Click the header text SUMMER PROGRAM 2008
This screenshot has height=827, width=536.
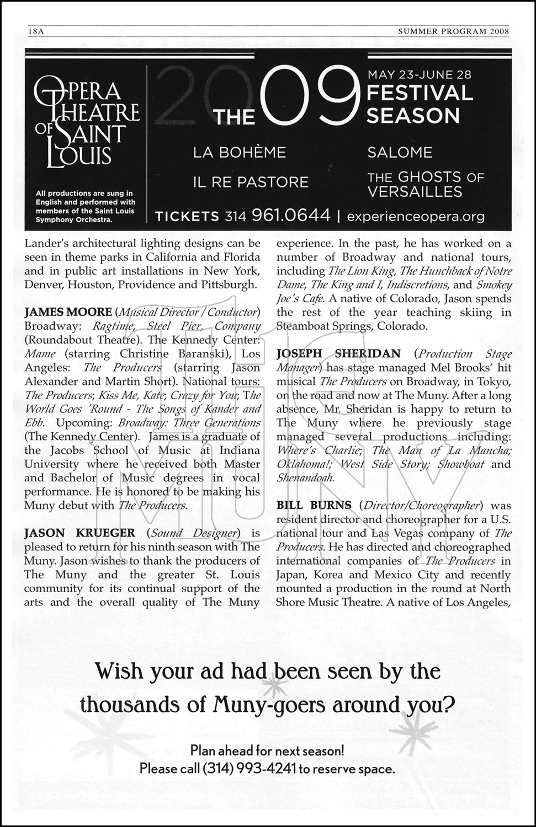click(x=454, y=31)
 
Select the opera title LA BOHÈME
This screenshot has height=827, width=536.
click(x=240, y=152)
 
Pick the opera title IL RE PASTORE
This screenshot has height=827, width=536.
click(x=251, y=182)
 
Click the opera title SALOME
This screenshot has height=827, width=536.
click(x=400, y=152)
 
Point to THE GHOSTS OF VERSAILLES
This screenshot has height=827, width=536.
click(x=426, y=184)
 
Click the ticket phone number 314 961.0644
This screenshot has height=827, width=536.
click(x=278, y=216)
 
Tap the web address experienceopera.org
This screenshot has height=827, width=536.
click(x=416, y=216)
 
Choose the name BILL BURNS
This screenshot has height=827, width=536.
click(x=314, y=506)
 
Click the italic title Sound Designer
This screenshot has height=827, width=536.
click(x=193, y=533)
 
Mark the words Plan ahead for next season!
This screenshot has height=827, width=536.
click(x=267, y=750)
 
